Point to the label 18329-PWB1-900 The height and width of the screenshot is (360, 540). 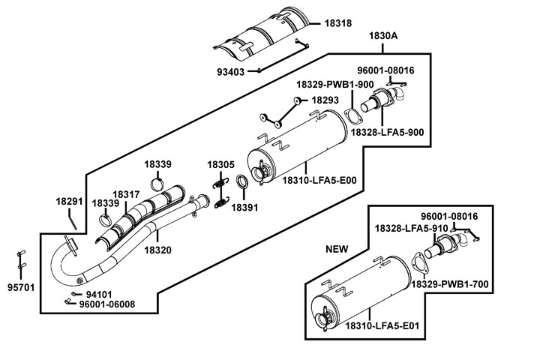(x=335, y=85)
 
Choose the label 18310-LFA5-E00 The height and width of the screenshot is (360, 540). (x=319, y=180)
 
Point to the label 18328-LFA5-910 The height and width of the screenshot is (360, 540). (x=411, y=227)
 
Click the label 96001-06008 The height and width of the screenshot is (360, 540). (x=107, y=304)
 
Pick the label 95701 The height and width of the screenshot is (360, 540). (x=21, y=287)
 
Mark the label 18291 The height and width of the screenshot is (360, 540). (x=70, y=201)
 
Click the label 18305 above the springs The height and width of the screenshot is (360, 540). (x=221, y=164)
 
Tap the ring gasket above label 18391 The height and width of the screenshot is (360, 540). (x=243, y=183)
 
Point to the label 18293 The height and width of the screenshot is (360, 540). (x=325, y=100)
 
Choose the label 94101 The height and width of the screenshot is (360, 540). (x=99, y=294)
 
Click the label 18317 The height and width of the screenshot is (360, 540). (x=126, y=194)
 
